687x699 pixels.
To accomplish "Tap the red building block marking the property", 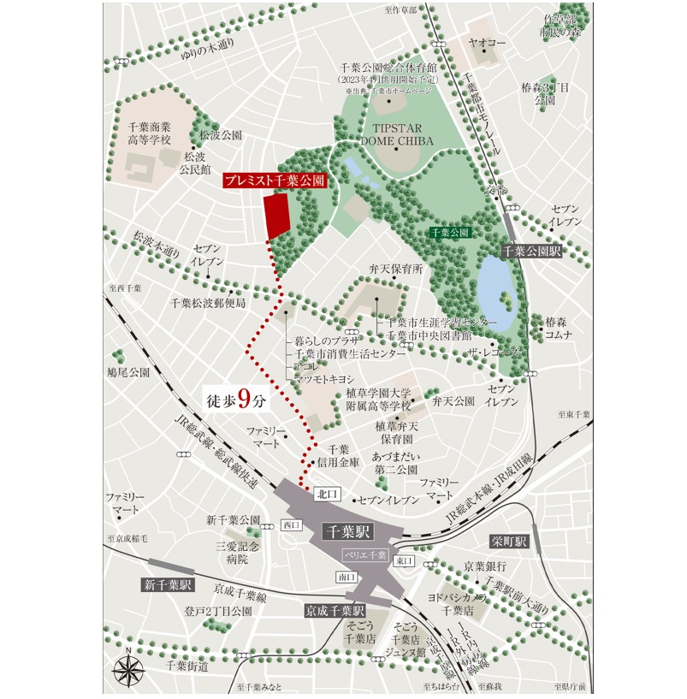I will pos(276,216).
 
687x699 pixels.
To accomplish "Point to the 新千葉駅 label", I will pos(168,585).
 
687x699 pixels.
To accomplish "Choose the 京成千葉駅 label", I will pos(335,612).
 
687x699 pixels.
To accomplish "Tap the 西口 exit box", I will pos(291,524).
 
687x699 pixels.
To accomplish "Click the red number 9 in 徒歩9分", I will pos(245,398).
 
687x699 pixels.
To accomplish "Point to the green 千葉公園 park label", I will pos(450,232).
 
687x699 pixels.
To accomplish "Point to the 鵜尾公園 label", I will pos(127,373).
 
